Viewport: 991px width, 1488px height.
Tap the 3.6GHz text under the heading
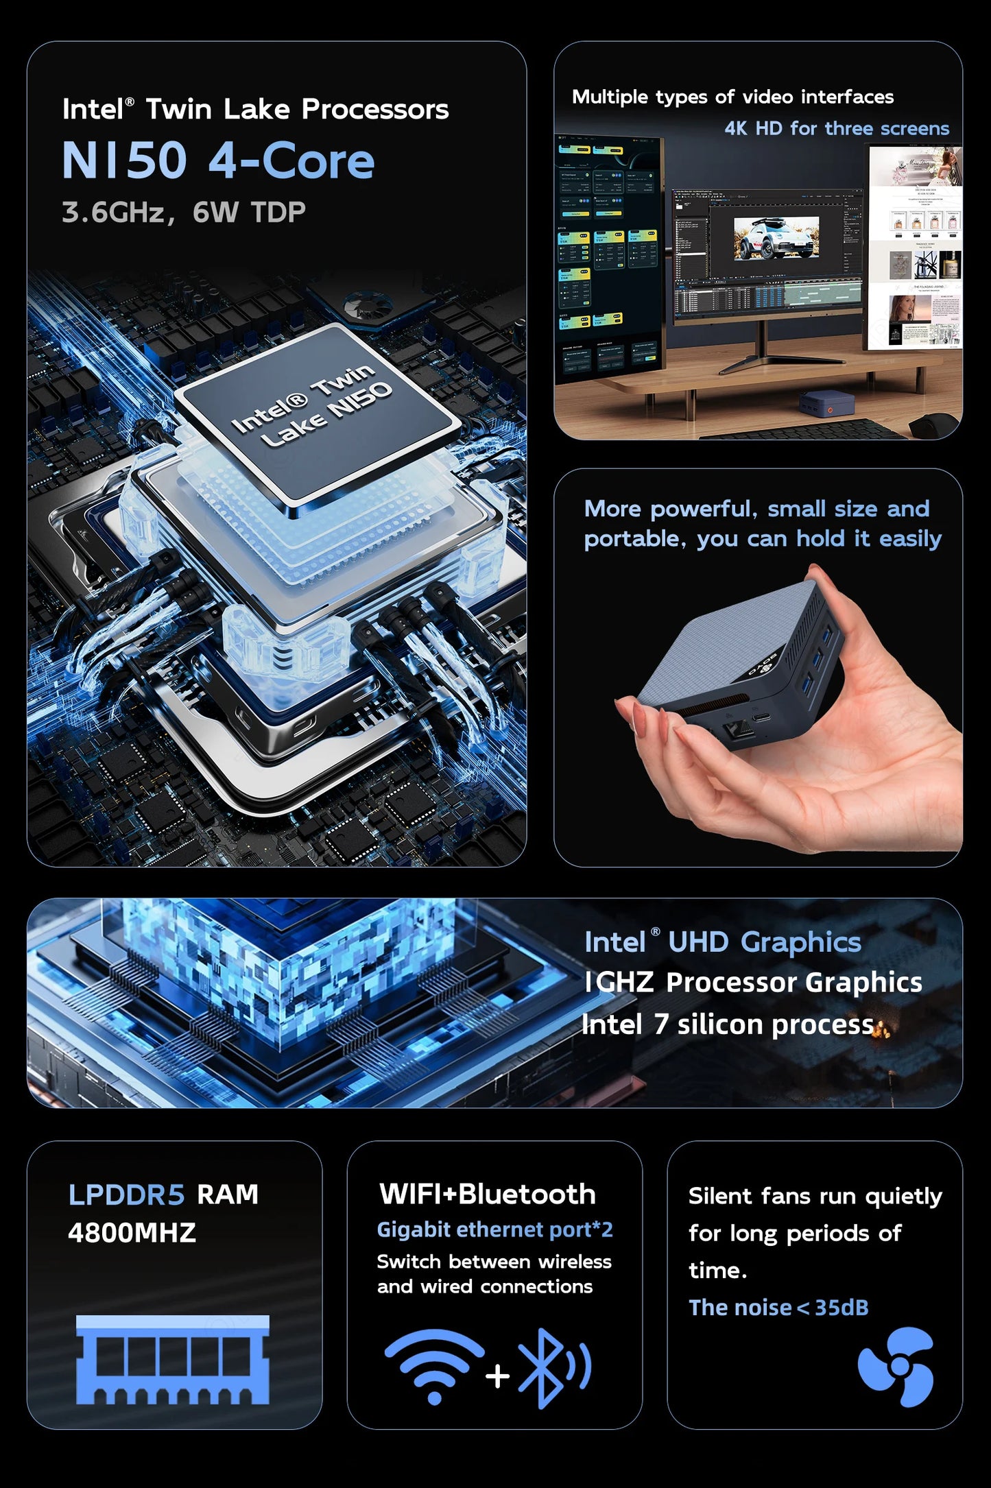point(112,213)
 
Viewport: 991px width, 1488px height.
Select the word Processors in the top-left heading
point(375,110)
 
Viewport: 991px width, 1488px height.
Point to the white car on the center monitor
point(776,238)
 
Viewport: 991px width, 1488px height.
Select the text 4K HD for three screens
point(837,128)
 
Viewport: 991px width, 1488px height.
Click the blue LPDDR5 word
point(126,1195)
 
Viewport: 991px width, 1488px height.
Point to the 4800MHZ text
point(132,1233)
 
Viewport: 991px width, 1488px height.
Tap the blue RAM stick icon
point(172,1360)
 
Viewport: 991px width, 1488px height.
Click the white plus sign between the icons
point(497,1376)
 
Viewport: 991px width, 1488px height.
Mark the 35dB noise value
point(841,1308)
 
